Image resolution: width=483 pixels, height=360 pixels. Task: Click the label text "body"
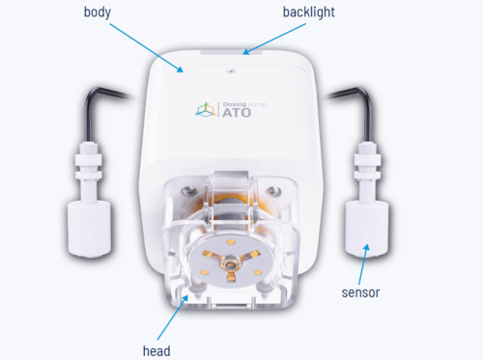[98, 13]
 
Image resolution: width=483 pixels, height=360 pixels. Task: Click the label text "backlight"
[309, 13]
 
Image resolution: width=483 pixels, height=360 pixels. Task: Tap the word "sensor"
[360, 292]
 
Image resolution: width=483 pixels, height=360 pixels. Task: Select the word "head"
[156, 350]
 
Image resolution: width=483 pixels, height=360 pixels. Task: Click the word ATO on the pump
[237, 113]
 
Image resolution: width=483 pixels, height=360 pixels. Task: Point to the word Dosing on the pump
[235, 104]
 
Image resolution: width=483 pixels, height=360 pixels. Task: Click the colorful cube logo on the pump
[205, 110]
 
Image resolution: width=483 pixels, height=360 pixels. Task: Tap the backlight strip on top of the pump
[231, 52]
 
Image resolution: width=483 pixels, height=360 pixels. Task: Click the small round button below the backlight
[231, 71]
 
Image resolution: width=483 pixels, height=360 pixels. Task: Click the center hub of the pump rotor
[230, 265]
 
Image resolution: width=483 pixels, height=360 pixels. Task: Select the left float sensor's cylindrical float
[89, 229]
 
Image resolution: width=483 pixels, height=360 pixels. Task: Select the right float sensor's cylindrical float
[366, 229]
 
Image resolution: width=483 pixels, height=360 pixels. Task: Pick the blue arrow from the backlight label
[274, 39]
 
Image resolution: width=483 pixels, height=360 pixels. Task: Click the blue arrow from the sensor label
[363, 264]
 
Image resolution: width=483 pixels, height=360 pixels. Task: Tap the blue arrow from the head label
[172, 318]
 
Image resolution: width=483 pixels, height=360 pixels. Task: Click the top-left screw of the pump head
[186, 191]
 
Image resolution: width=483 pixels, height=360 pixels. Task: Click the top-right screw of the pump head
[272, 190]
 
